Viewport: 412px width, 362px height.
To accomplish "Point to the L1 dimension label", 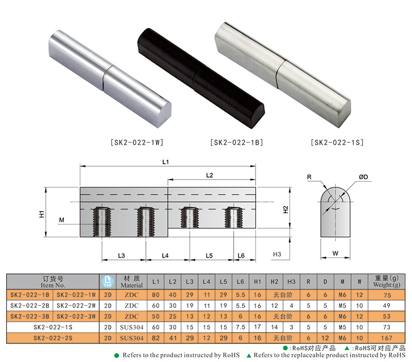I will tap(165, 162).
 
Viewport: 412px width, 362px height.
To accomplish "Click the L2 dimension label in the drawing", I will tap(210, 175).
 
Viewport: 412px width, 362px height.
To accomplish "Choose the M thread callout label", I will tap(61, 220).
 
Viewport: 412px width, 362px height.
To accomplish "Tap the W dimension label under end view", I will tap(335, 253).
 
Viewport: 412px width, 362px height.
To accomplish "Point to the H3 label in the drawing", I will tap(277, 254).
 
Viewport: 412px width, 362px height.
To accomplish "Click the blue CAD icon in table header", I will tap(108, 281).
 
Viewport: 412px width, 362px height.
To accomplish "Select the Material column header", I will tap(131, 281).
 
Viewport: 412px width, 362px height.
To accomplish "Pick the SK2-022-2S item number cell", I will tap(53, 338).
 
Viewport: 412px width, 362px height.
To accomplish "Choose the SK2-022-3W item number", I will tap(76, 316).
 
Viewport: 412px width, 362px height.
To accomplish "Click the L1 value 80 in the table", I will tap(156, 295).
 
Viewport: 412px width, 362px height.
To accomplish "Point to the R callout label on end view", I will tap(310, 177).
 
